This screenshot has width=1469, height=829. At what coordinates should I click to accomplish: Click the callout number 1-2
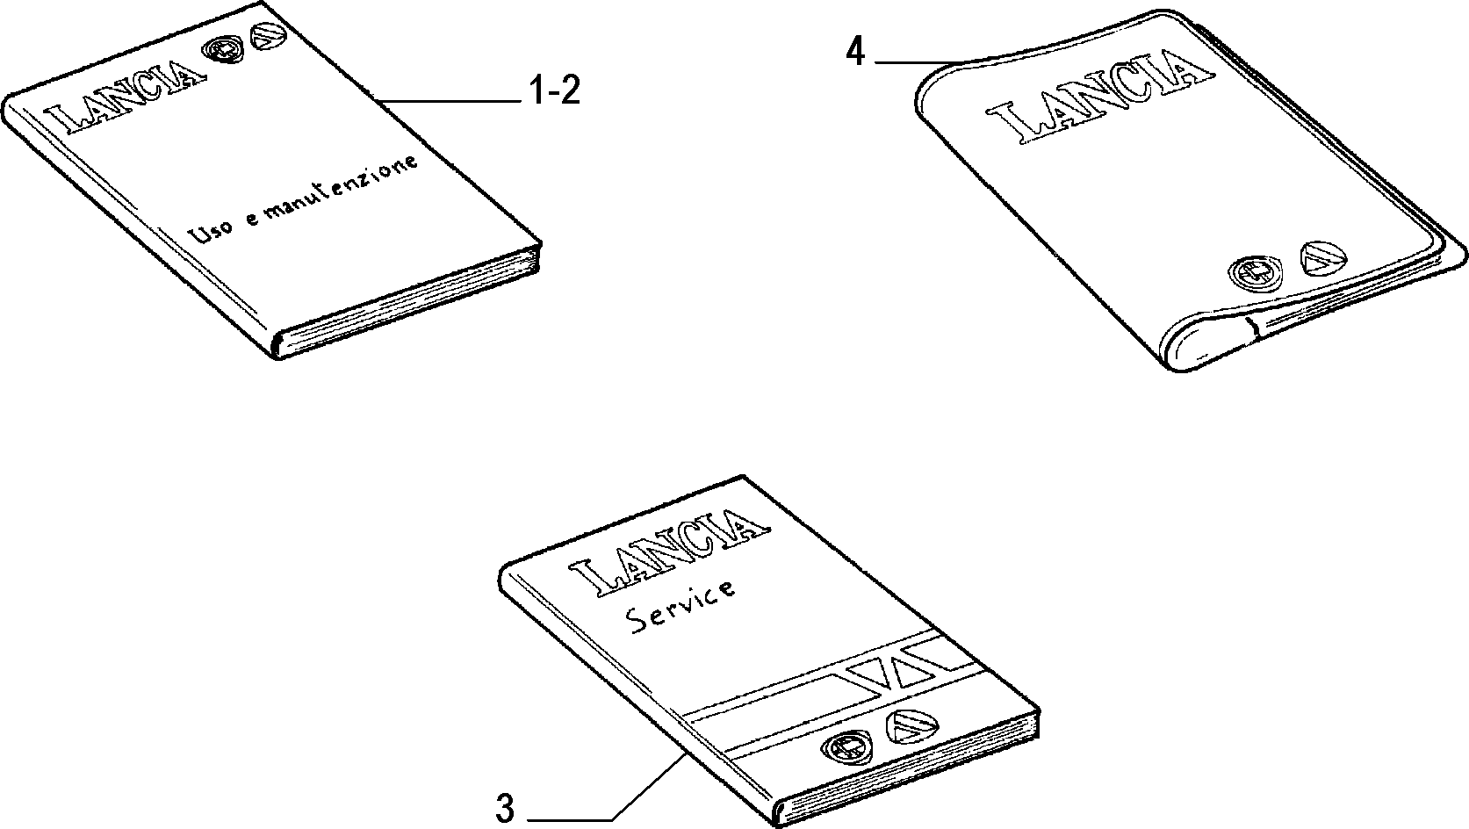click(x=555, y=90)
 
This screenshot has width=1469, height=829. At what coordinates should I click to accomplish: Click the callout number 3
click(x=505, y=809)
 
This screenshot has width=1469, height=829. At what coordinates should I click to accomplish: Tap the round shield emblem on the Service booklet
click(x=846, y=747)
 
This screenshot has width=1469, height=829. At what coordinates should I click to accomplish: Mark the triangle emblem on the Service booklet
click(x=912, y=726)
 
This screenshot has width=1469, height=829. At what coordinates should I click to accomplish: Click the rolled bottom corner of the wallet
click(x=1206, y=348)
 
